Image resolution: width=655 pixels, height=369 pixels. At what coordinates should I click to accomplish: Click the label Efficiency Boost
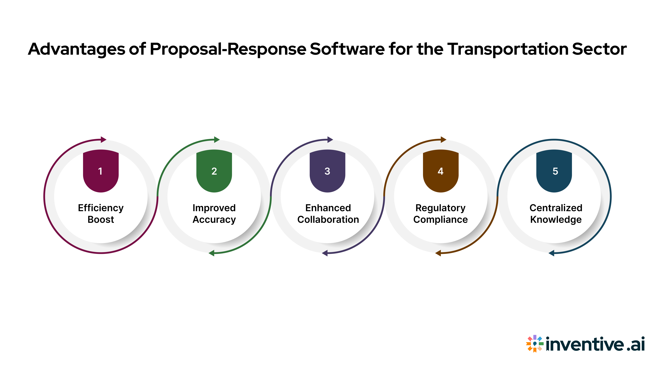101,213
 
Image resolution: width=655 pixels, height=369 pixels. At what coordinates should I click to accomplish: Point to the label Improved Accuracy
214,213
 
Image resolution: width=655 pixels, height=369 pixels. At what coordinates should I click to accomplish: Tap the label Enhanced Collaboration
328,213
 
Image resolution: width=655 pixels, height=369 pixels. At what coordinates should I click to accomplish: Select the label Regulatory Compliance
440,213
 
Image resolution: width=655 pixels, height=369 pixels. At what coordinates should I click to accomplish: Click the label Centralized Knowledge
556,213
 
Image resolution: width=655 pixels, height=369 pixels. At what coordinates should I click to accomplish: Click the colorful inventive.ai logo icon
534,344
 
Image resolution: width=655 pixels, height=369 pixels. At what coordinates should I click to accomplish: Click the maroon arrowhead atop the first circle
103,140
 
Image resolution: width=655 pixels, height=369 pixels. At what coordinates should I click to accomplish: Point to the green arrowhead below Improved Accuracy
212,253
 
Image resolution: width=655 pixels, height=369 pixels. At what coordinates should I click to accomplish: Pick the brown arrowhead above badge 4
443,140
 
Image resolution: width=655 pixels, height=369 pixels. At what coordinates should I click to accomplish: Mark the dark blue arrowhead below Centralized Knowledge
551,253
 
